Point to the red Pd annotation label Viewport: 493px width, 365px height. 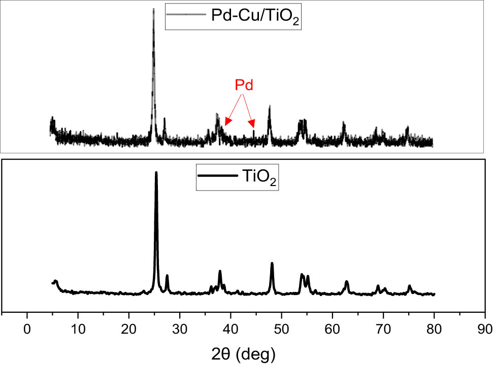(x=244, y=85)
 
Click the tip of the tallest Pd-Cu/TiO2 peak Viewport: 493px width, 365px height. (x=153, y=9)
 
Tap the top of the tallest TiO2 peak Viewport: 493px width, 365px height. (x=156, y=172)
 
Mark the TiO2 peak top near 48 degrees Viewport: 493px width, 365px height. (x=272, y=263)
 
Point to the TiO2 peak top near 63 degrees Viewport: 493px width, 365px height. (x=347, y=281)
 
